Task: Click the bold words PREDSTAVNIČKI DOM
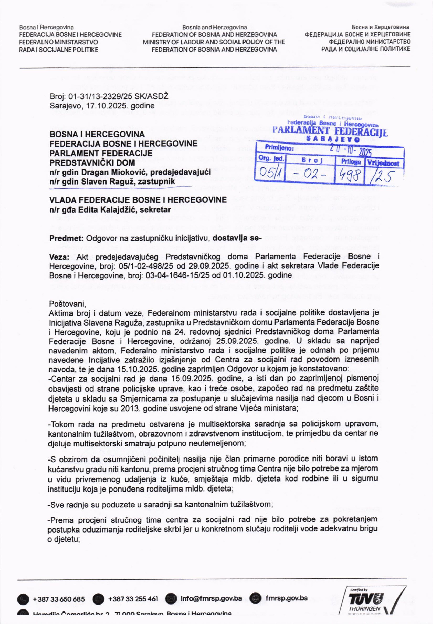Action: coord(92,163)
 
